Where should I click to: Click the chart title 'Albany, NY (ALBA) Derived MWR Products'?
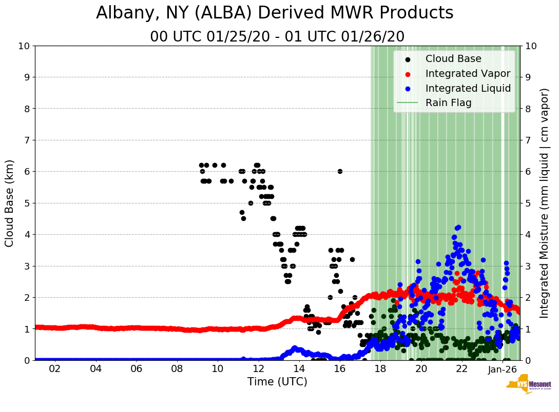click(x=275, y=13)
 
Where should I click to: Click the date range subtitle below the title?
click(x=277, y=37)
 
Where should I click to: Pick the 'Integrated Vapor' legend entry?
click(x=468, y=74)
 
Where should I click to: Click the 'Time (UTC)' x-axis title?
click(x=277, y=382)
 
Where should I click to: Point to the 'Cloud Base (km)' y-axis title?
click(x=10, y=203)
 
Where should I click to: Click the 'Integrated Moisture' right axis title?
click(x=545, y=203)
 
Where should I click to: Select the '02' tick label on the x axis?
click(x=55, y=369)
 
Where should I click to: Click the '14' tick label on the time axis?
click(x=299, y=369)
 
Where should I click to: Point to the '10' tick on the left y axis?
click(x=24, y=46)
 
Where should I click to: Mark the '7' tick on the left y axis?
click(x=27, y=140)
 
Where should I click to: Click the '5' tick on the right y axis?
click(x=528, y=203)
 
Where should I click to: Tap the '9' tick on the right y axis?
click(x=528, y=77)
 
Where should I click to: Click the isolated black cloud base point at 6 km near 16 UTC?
click(x=340, y=171)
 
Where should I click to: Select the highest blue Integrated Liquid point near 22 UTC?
click(x=458, y=227)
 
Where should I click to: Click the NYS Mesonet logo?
click(x=528, y=385)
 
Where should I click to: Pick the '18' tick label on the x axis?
click(x=380, y=369)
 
